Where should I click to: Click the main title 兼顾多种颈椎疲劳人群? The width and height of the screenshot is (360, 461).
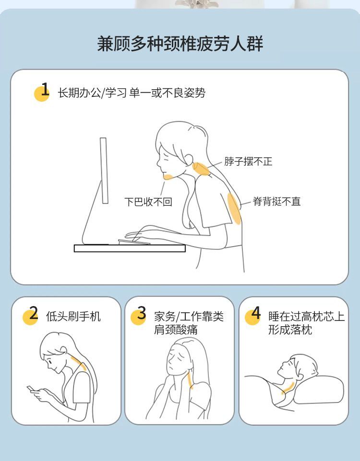[180, 44]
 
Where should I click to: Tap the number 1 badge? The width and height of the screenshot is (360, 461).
[42, 92]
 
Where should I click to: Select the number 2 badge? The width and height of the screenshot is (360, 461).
[31, 316]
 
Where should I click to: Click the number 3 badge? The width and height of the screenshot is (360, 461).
[139, 316]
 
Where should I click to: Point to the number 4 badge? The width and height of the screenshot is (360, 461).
[253, 316]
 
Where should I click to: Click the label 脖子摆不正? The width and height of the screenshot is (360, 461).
[248, 161]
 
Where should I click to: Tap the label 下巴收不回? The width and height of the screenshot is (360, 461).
[148, 201]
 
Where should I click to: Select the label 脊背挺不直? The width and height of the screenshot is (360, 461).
[276, 201]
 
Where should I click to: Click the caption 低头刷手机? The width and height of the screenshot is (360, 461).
[73, 316]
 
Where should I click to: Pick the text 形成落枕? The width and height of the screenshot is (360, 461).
[290, 330]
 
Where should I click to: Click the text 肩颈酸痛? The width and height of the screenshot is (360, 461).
[176, 330]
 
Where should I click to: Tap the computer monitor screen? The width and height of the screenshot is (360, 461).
[104, 170]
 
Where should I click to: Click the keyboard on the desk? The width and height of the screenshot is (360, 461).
[134, 242]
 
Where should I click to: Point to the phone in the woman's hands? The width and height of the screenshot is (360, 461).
[31, 389]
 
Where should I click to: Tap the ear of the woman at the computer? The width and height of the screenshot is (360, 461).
[189, 159]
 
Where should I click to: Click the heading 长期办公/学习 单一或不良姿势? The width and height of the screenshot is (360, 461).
[131, 93]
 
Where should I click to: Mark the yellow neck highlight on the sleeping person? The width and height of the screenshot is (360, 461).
[287, 388]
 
